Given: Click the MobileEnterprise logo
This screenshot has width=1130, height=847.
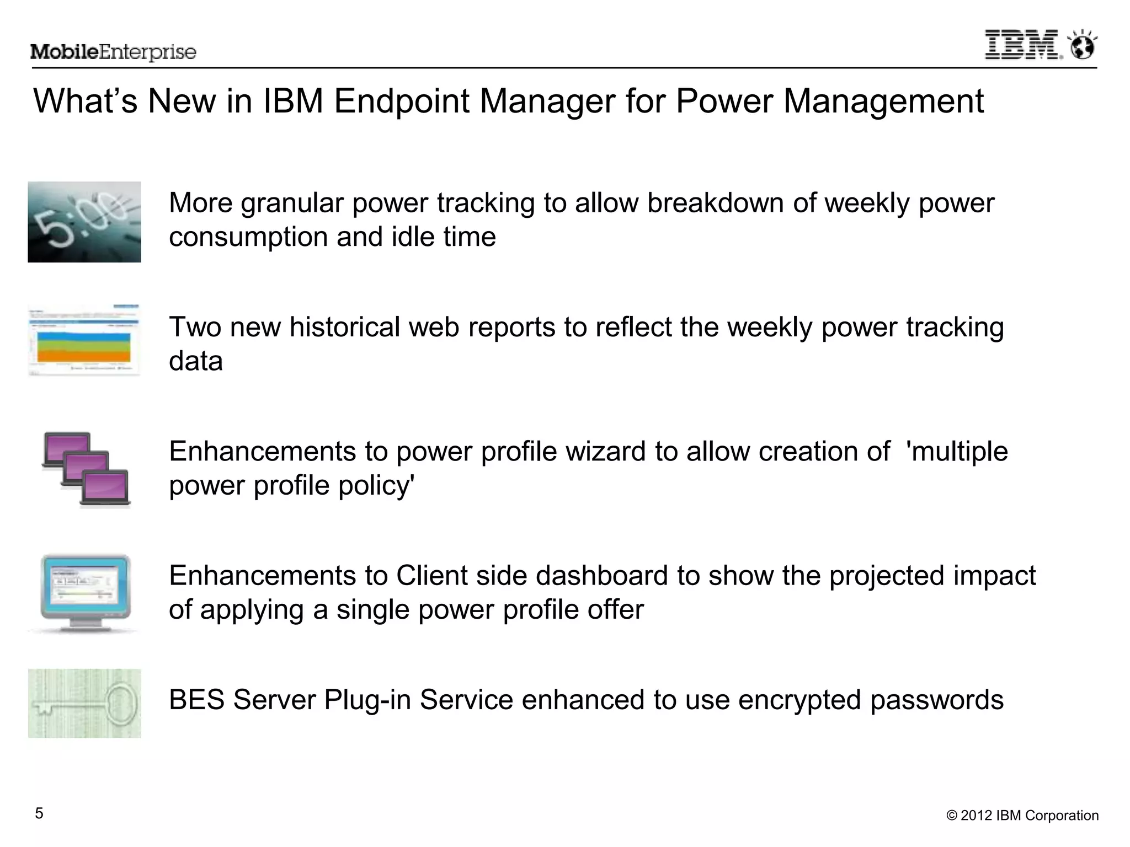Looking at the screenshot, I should tap(113, 52).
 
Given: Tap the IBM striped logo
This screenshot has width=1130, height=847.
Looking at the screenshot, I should tap(1022, 45).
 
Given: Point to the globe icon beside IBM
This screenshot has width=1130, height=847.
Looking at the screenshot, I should tap(1082, 45).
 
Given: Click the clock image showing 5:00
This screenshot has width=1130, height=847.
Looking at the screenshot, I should tap(84, 222).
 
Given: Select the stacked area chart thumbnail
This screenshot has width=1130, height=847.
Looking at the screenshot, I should tap(84, 341).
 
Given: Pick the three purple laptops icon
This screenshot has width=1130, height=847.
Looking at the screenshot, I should tap(86, 469).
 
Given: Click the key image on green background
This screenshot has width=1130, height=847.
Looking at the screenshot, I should tap(84, 703).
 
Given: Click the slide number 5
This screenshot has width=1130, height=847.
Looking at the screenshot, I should tap(39, 813).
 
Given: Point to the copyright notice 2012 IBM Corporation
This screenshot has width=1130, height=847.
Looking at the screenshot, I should tap(1022, 816).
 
